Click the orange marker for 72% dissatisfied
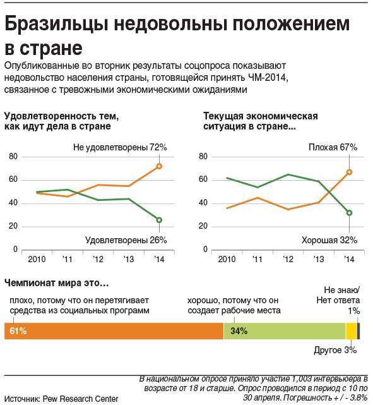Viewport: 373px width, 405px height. (x=159, y=166)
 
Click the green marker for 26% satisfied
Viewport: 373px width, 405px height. (x=159, y=220)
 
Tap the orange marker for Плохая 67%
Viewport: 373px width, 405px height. (x=349, y=172)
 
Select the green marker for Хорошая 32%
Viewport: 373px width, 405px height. (x=349, y=213)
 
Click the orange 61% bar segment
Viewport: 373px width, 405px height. (x=114, y=331)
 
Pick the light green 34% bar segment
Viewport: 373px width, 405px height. (x=285, y=331)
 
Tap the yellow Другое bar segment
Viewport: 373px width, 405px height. (x=351, y=331)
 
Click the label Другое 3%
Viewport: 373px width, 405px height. (x=335, y=351)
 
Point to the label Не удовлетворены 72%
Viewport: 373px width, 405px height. (x=120, y=147)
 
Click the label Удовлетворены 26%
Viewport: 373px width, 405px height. (x=126, y=240)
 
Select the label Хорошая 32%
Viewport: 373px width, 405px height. (x=329, y=240)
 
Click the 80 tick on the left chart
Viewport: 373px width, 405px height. (x=13, y=157)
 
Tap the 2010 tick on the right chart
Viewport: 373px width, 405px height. (x=227, y=259)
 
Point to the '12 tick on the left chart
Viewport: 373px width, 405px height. (x=98, y=259)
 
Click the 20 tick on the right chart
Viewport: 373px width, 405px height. (x=203, y=226)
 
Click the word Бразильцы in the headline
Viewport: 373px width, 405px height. (x=57, y=24)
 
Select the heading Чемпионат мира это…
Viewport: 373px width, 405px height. (x=57, y=283)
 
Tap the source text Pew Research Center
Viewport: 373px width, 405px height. (x=81, y=399)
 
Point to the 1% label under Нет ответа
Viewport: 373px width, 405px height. (x=353, y=311)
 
